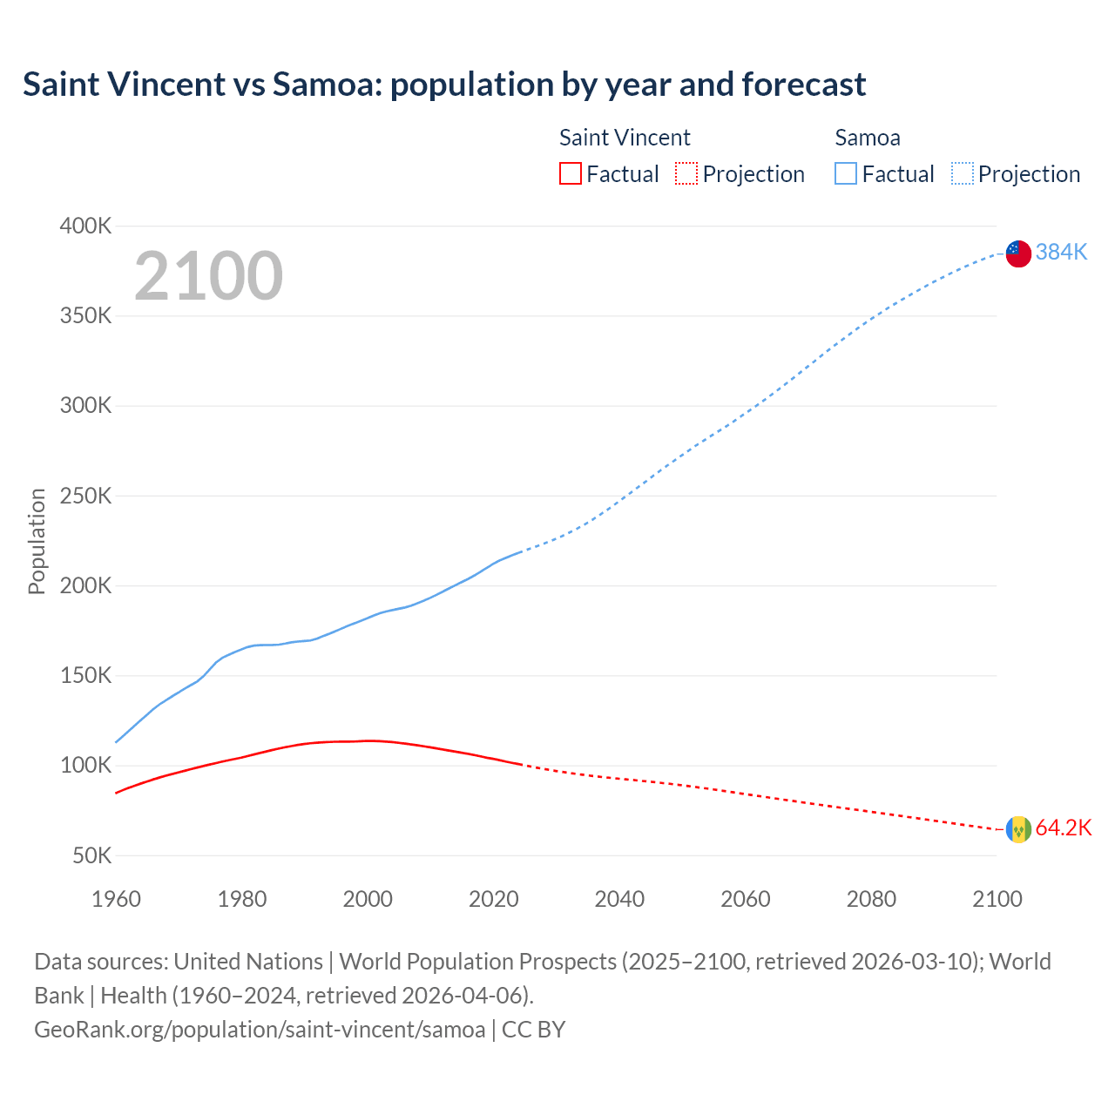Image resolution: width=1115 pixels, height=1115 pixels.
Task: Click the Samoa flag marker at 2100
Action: click(x=1018, y=253)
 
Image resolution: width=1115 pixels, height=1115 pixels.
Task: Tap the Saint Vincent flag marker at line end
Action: click(x=1018, y=829)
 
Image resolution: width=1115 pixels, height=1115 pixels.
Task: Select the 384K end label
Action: click(x=1062, y=252)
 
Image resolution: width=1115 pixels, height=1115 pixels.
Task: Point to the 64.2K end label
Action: click(x=1063, y=828)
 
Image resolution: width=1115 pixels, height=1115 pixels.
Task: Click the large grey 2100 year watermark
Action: click(x=208, y=276)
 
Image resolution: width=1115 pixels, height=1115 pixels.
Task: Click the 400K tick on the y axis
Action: click(x=85, y=226)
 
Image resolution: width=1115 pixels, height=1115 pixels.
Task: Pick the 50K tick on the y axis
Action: click(x=91, y=855)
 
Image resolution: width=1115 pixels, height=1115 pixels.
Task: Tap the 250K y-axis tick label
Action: click(x=85, y=496)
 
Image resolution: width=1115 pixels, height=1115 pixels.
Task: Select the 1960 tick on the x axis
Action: click(x=116, y=899)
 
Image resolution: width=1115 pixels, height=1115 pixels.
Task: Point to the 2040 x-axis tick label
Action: click(x=619, y=899)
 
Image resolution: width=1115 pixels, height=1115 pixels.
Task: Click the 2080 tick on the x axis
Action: click(x=871, y=899)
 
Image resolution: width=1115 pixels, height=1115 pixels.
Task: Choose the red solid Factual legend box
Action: click(x=571, y=173)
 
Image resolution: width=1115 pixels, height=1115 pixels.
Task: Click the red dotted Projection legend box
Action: click(x=686, y=173)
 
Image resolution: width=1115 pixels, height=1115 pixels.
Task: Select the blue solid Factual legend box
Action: click(x=846, y=173)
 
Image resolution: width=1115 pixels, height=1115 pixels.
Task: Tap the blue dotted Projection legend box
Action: click(x=963, y=173)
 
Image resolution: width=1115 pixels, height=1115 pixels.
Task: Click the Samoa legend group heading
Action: click(x=868, y=138)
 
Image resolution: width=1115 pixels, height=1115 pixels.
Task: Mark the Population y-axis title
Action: click(x=37, y=541)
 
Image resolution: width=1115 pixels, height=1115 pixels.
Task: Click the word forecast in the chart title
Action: click(x=803, y=84)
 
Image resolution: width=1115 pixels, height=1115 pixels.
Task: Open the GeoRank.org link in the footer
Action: click(x=260, y=1029)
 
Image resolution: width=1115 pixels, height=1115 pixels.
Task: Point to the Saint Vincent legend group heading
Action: click(x=625, y=138)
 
